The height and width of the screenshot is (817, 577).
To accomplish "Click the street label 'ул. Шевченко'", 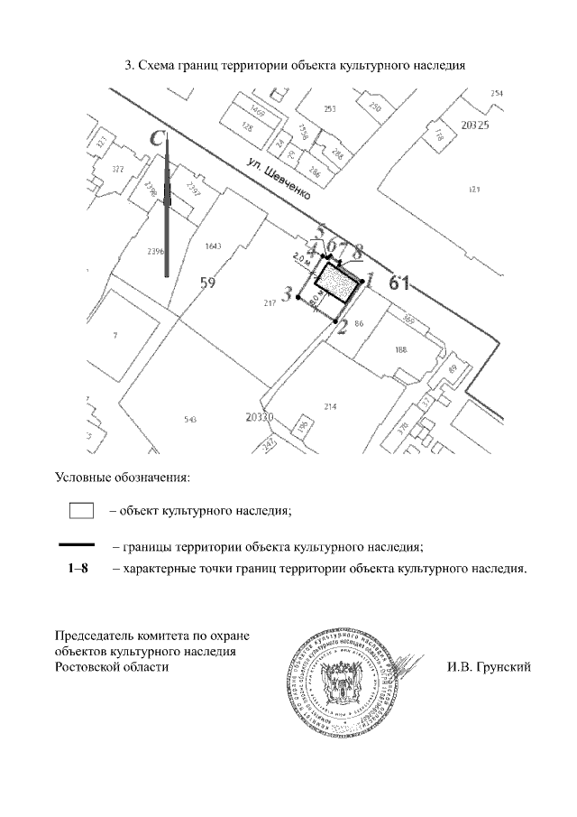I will pos(282,178).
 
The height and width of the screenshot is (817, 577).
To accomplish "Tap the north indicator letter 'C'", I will pos(158,139).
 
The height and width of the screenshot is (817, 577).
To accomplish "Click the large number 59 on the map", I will pos(208,283).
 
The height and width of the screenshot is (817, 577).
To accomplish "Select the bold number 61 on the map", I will pos(399,283).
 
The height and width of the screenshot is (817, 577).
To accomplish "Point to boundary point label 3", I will pos(288,294).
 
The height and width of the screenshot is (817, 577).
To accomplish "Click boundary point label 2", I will pos(341,328).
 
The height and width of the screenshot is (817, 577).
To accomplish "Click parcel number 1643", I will pos(214,246).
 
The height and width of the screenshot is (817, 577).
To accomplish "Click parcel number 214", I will pos(330,407).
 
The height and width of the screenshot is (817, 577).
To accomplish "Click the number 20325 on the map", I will pos(474,125).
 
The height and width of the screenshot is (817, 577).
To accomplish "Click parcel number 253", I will pos(330,109).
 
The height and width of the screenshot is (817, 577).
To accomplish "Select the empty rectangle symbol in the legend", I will pos(82,511).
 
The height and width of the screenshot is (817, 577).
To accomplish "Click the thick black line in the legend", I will pos(77,544).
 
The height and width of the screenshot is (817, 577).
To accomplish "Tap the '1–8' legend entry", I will pos(78,570).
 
